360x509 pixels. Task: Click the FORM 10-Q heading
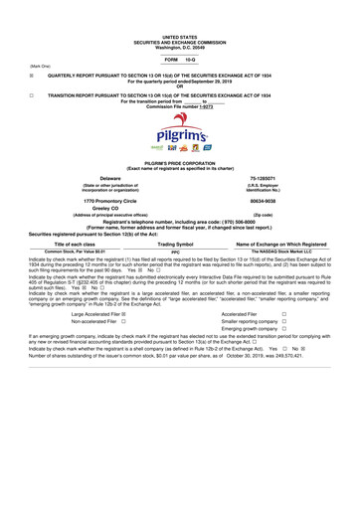179,59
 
